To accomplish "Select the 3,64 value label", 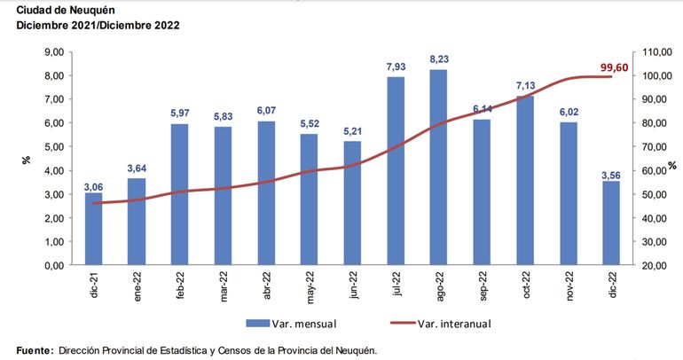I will (x=137, y=168).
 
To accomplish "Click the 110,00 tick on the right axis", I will (x=654, y=52).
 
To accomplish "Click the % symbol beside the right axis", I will (x=672, y=166).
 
